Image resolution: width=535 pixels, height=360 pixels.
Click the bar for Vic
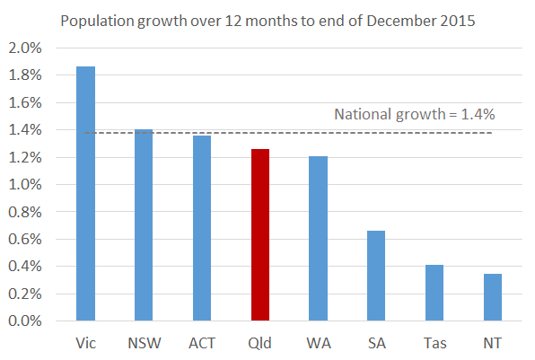click(x=85, y=193)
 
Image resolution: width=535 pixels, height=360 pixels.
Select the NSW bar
click(x=144, y=224)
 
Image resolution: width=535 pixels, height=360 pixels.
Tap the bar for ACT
click(x=202, y=228)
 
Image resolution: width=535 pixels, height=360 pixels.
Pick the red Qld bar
click(x=259, y=234)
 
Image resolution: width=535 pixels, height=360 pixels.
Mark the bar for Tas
click(x=434, y=293)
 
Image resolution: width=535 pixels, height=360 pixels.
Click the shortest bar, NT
click(x=492, y=297)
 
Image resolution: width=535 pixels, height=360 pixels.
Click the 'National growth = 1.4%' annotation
click(x=415, y=114)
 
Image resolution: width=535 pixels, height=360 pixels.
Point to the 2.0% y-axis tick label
click(x=25, y=48)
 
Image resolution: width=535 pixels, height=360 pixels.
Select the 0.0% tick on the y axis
click(x=25, y=320)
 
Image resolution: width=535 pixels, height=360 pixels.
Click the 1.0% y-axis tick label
click(x=25, y=185)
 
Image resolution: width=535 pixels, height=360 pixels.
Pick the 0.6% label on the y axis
click(x=25, y=239)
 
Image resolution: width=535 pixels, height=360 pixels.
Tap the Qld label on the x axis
click(x=259, y=342)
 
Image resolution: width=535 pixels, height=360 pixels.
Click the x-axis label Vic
click(x=85, y=342)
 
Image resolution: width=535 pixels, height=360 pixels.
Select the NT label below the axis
click(x=492, y=342)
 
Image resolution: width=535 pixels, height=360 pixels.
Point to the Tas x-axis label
click(x=434, y=342)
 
